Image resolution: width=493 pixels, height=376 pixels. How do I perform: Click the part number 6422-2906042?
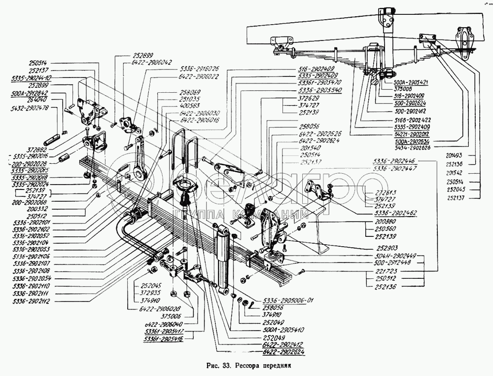[x=152, y=62]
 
